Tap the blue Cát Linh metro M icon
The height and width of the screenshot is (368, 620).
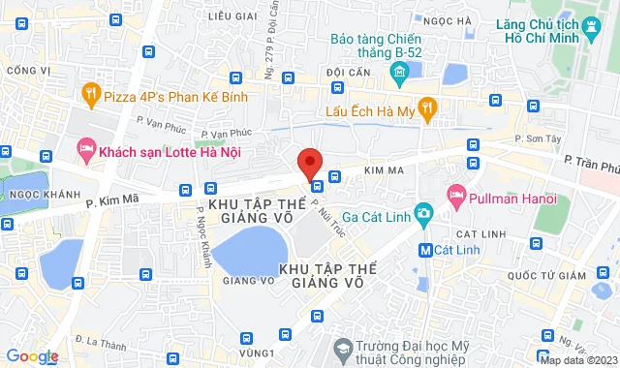pyautogui.click(x=424, y=251)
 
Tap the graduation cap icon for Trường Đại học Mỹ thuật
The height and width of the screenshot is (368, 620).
pyautogui.click(x=342, y=348)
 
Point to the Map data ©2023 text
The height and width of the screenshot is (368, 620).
pyautogui.click(x=578, y=360)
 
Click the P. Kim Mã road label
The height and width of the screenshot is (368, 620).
pyautogui.click(x=113, y=200)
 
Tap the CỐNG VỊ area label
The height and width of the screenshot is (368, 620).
pyautogui.click(x=28, y=70)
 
